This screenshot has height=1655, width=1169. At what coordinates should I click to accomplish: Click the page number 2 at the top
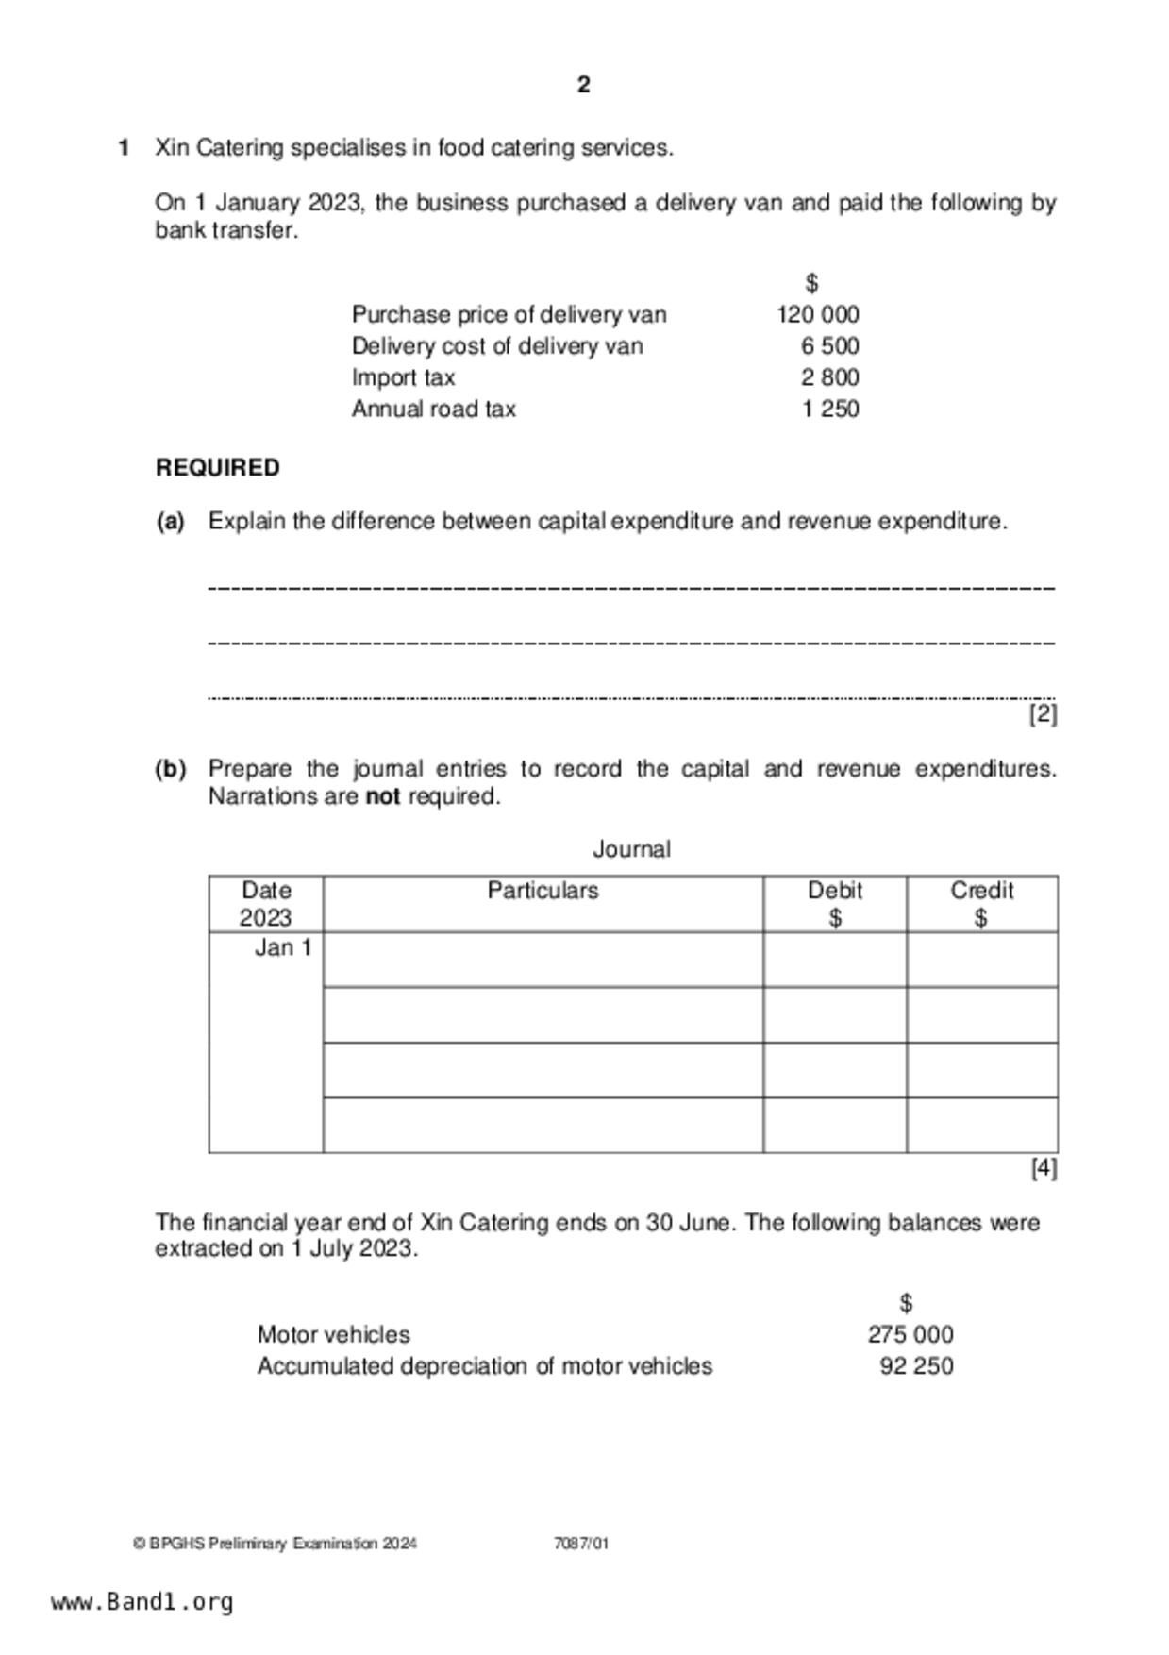coord(583,85)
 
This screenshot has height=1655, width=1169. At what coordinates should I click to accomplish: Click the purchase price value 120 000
coord(817,314)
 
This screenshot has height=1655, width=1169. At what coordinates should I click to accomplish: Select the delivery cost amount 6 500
coord(829,346)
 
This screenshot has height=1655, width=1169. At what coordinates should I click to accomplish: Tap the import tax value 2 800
coord(829,377)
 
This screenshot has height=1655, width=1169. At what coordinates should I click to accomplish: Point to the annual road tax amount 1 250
coord(829,409)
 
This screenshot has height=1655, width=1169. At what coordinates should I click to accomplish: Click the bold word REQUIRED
coord(218,468)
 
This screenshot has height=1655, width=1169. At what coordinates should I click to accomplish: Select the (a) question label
coord(170,522)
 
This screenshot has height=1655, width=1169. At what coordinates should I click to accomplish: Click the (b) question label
coord(170,769)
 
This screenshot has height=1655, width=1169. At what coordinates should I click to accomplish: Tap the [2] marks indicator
coord(1043,714)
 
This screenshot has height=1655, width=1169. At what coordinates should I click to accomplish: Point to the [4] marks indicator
coord(1043,1168)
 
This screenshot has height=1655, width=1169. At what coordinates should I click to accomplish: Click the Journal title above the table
coord(631,849)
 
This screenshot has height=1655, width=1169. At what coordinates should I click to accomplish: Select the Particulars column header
coord(543,891)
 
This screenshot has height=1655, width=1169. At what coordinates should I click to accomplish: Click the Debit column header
coord(835,891)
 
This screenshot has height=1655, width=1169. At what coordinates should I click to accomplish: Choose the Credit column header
coord(981,891)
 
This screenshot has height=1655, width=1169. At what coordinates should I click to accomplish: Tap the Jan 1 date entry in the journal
coord(282,947)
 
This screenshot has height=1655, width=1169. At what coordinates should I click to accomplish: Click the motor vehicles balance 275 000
coord(910,1334)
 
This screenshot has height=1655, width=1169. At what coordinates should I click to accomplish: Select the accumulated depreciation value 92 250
coord(916,1366)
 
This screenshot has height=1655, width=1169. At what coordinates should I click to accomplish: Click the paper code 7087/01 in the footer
coord(581,1544)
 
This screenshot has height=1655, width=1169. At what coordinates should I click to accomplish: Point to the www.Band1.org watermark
coord(142,1602)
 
